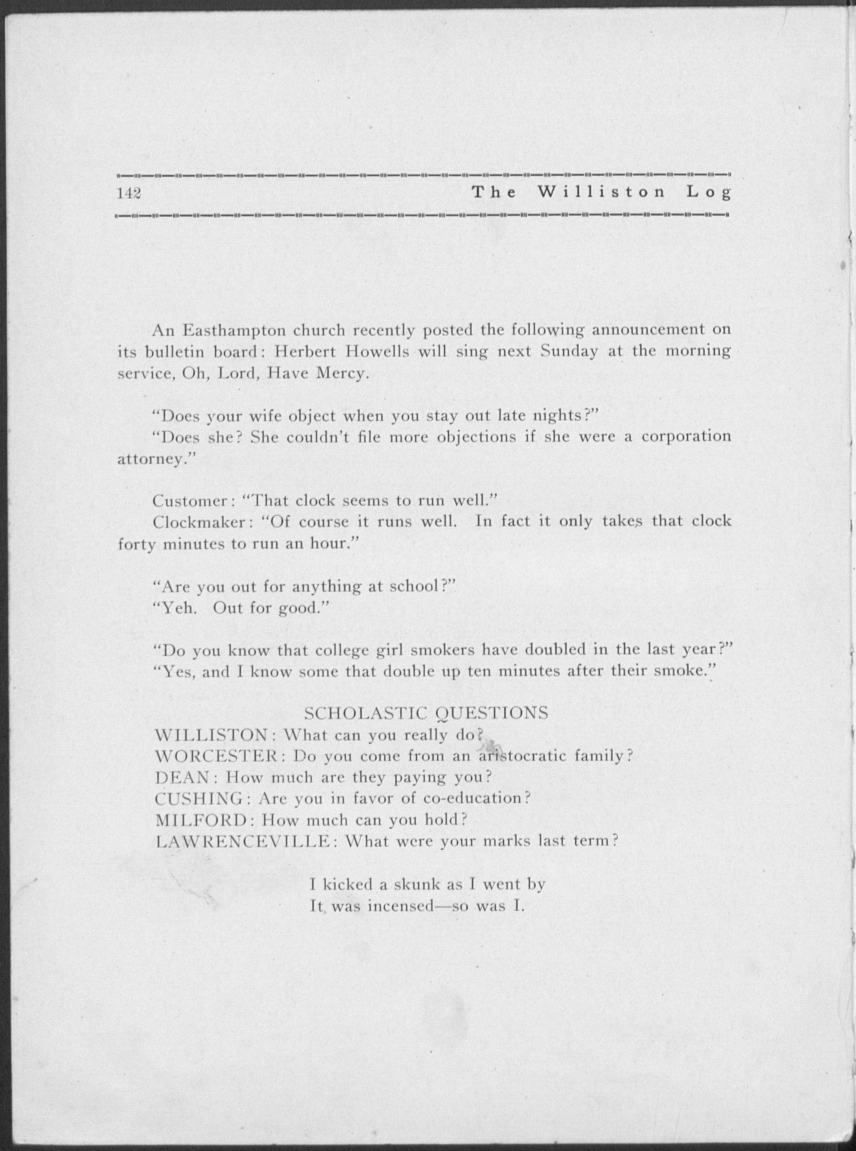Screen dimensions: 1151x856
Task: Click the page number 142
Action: (x=130, y=193)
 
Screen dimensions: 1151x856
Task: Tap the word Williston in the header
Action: (x=601, y=192)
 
